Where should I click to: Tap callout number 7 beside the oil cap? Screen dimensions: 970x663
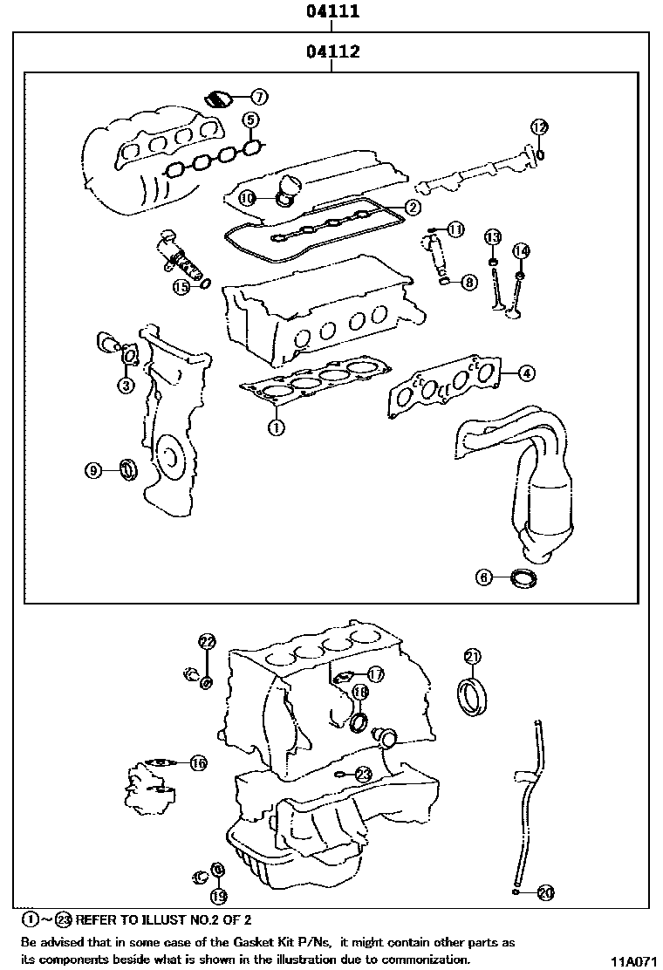pos(260,97)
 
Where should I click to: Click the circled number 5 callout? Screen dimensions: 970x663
pos(250,120)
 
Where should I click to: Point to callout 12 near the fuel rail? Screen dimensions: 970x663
pos(539,127)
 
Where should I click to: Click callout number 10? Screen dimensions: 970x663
pos(247,198)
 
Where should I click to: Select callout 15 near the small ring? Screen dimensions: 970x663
pos(181,285)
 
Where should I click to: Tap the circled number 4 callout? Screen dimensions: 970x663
pos(526,373)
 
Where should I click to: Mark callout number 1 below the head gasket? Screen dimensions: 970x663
pos(275,427)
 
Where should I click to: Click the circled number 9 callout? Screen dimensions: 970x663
pos(94,471)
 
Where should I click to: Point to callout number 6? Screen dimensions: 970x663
pos(485,577)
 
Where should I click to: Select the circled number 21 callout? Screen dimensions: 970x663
pos(472,656)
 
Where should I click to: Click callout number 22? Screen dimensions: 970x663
pos(206,642)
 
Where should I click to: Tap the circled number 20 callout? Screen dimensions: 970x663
pos(546,892)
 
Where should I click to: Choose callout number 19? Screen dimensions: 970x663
pos(217,896)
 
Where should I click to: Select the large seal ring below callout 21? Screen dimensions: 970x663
pos(472,698)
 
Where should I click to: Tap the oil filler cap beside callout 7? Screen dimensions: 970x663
pos(216,99)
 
